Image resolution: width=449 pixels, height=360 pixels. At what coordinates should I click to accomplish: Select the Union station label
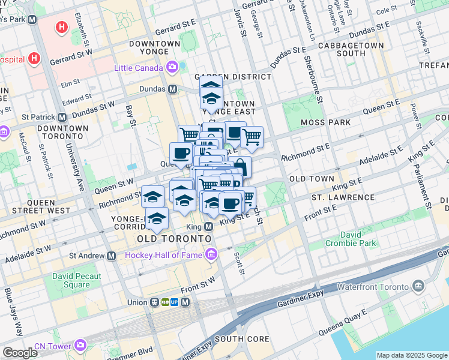point(136,302)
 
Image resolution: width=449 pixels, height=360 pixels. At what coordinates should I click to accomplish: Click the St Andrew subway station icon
point(112,256)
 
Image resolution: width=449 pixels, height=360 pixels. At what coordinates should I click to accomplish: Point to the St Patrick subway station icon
point(62,118)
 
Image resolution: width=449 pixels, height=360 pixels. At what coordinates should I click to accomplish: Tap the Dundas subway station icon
point(173,89)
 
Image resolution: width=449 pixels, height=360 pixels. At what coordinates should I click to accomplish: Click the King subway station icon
point(209,227)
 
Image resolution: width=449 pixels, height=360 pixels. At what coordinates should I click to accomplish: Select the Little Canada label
point(137,67)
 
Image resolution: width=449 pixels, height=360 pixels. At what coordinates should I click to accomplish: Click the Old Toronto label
point(174,239)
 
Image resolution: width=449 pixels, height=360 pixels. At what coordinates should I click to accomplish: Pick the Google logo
point(20,353)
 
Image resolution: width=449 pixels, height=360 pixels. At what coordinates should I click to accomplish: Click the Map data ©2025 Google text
point(411,355)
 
